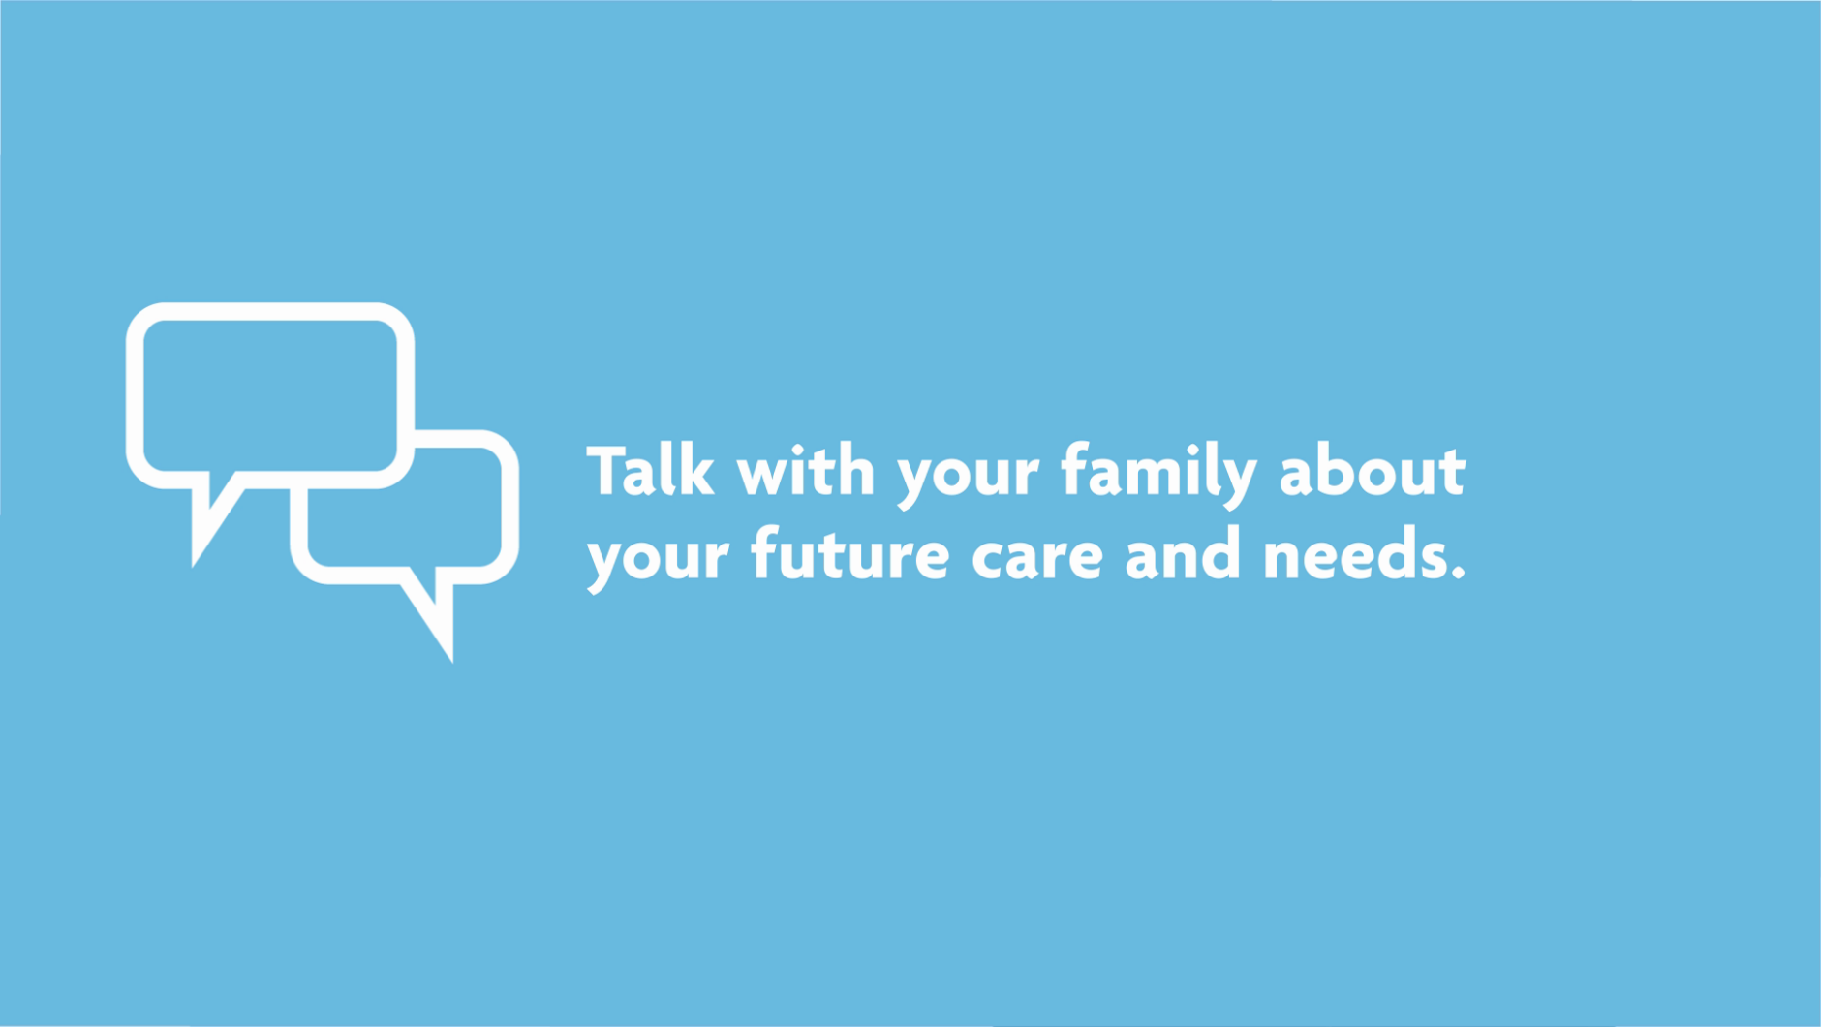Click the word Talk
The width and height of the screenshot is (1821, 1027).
click(651, 471)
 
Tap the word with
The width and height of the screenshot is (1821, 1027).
click(806, 471)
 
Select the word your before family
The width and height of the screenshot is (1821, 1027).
click(968, 480)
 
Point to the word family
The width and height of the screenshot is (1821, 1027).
click(1158, 475)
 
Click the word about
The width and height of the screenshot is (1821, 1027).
click(1373, 471)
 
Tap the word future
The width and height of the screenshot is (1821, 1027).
click(850, 554)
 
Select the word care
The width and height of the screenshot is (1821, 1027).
click(1037, 560)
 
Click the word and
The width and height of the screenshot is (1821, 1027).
click(1183, 554)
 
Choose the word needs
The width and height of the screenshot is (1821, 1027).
click(1354, 554)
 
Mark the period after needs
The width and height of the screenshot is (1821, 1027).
click(1458, 575)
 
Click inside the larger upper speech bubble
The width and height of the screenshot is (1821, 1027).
click(270, 396)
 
